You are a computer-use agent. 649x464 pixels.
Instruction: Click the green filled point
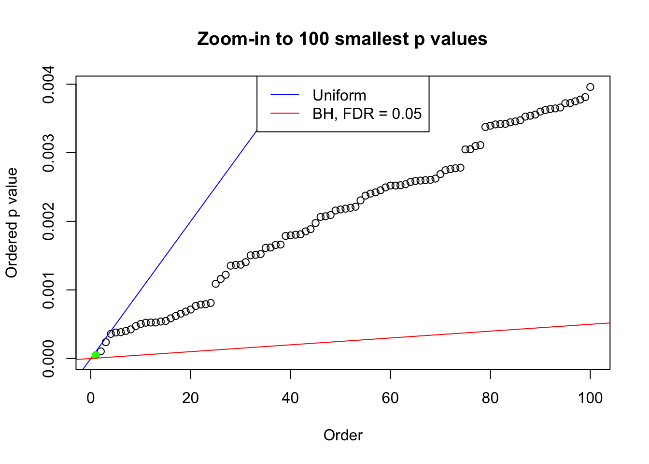96,355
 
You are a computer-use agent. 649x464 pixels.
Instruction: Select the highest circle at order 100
590,87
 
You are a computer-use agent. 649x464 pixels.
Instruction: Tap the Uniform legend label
339,95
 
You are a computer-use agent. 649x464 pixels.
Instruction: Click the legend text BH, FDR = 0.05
367,114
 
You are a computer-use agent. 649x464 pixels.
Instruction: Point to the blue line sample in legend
285,95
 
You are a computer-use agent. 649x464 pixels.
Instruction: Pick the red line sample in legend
285,114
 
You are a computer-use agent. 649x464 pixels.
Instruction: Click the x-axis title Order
343,435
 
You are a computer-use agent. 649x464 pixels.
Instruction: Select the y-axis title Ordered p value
12,223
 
